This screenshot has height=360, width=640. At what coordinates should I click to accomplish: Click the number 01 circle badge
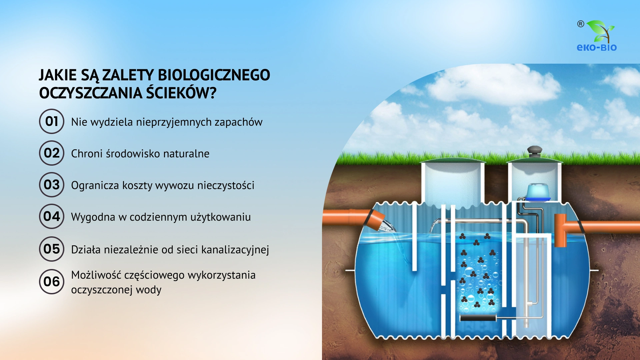pos(52,121)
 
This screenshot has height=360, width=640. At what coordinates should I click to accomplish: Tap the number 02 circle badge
pos(52,153)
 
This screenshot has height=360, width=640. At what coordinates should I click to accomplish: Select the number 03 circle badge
pos(52,185)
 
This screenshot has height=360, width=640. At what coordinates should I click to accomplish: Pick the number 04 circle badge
pos(52,216)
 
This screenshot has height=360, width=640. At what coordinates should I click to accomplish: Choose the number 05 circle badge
pos(52,249)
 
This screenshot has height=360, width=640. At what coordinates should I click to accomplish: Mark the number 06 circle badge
pos(52,282)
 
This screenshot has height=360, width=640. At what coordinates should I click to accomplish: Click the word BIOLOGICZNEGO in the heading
pos(214,75)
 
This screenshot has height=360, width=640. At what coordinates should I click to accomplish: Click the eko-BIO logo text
pos(597,47)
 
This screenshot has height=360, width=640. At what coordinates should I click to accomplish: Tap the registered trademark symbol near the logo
pos(581,24)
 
